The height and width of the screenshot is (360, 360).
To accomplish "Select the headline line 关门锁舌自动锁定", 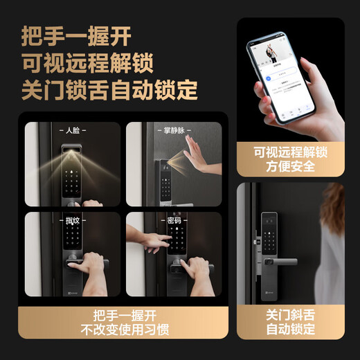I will (x=109, y=89).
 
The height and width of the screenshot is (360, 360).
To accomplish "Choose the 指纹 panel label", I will (x=71, y=221).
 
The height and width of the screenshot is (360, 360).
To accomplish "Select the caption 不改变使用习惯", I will (x=122, y=330).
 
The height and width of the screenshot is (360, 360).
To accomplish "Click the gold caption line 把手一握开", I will (x=122, y=312).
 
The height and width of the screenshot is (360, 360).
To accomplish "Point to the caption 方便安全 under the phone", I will (x=290, y=166).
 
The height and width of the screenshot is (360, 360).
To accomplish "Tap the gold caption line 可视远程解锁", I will (x=290, y=150).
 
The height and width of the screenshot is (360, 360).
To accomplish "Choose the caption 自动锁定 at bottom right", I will (x=290, y=330).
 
